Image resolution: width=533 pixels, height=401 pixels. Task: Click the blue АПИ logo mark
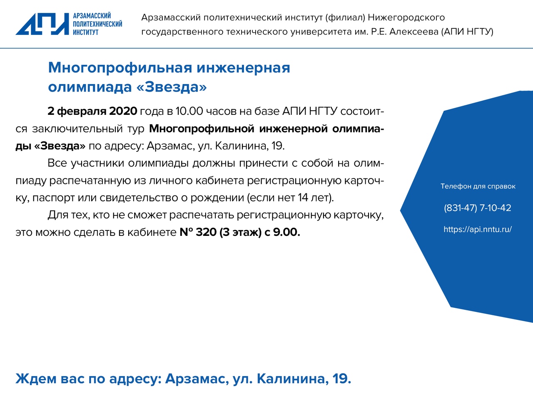tap(42, 24)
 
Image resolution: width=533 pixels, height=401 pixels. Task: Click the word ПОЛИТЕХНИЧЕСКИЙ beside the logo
tap(97, 24)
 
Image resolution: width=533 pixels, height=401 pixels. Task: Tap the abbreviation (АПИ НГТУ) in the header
tap(467, 32)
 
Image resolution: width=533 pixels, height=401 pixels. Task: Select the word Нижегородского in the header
tap(406, 17)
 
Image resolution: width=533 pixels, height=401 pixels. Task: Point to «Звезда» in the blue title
tap(172, 87)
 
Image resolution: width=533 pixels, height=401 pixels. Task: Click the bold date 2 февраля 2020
tap(92, 111)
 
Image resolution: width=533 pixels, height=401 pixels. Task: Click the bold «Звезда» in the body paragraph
tap(60, 146)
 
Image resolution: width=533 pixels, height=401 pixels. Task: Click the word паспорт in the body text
tap(53, 198)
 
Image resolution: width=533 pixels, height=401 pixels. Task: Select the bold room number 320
tap(206, 233)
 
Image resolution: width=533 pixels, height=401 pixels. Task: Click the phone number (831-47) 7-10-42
tap(477, 208)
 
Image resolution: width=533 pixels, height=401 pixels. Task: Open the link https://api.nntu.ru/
tap(478, 229)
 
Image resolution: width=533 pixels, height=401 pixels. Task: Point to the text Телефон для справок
tap(478, 186)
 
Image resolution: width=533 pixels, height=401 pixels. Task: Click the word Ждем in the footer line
tap(36, 379)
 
